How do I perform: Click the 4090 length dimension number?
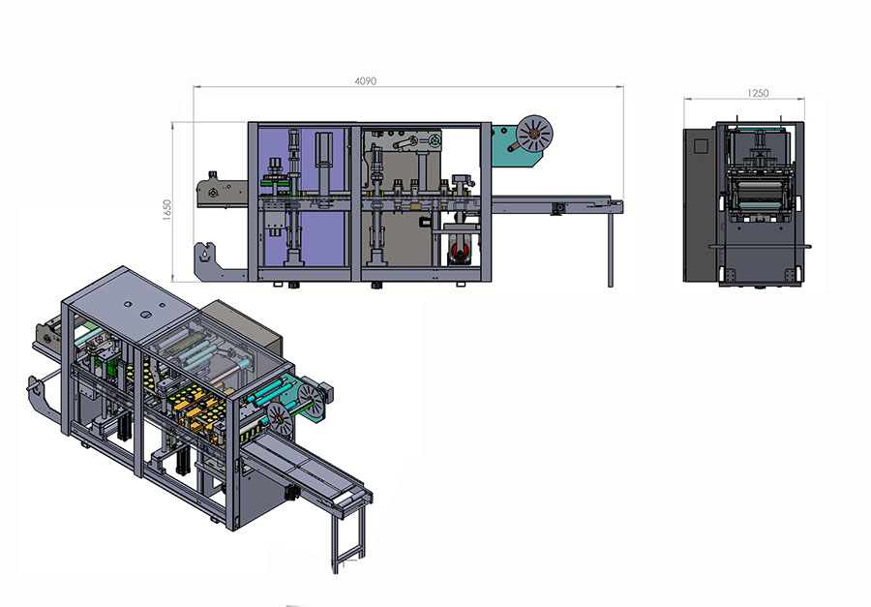366,81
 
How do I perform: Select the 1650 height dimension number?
167,210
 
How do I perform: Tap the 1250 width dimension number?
758,93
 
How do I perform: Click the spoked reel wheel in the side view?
534,134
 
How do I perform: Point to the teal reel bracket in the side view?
514,145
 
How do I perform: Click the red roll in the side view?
461,252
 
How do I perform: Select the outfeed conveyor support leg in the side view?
610,249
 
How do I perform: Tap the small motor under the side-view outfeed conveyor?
557,208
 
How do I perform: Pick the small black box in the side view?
425,222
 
